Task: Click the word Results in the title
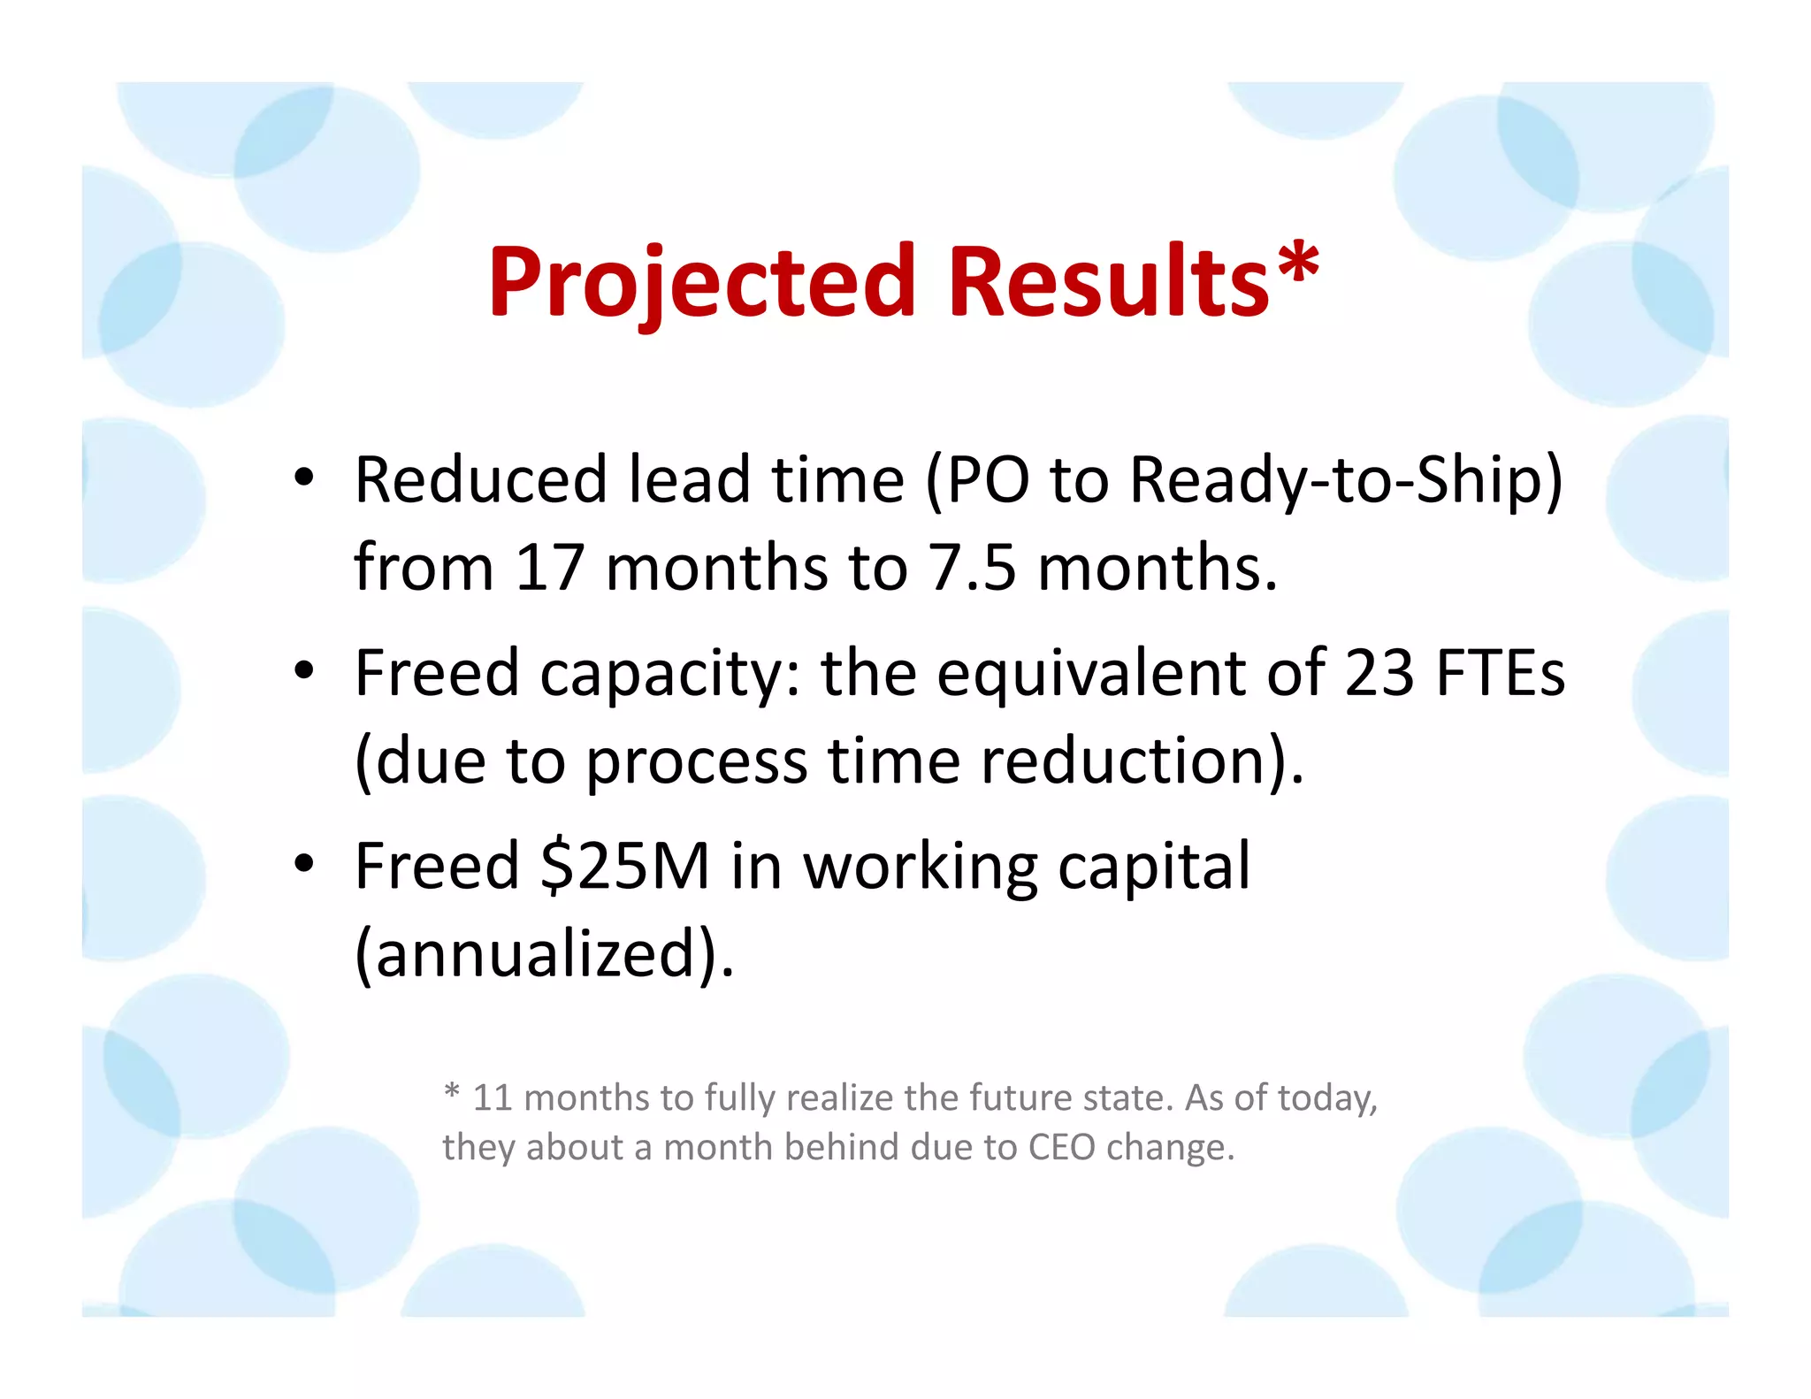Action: coord(1109,283)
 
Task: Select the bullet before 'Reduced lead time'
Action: coord(304,478)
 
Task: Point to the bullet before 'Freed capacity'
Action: coord(304,671)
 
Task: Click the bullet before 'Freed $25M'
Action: coord(304,864)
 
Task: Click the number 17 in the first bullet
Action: coord(549,568)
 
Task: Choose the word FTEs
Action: coord(1501,674)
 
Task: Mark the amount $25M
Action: coord(625,866)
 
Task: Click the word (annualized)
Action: coord(545,955)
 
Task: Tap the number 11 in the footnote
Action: coord(493,1098)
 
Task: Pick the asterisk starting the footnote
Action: coord(452,1091)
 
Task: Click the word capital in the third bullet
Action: coord(1154,868)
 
